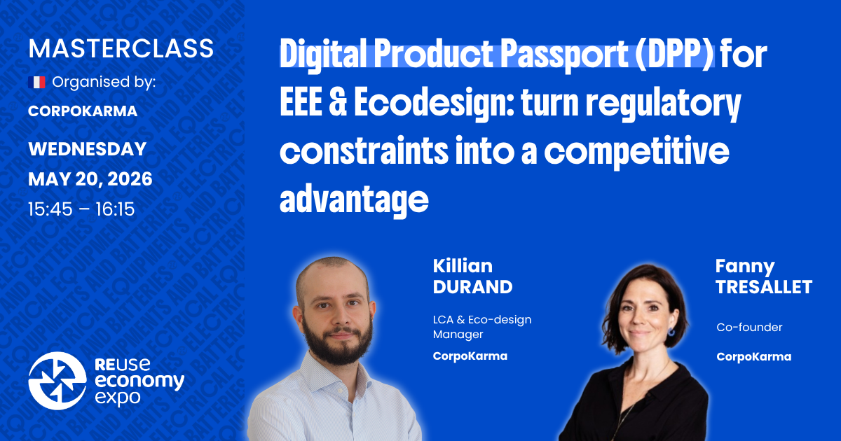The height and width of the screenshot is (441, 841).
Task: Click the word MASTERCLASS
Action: [121, 48]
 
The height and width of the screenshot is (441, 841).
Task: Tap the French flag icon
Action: [36, 83]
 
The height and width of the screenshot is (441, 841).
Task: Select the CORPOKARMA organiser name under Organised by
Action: [83, 111]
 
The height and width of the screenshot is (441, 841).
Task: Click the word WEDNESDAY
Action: [87, 149]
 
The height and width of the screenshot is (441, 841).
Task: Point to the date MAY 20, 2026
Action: [90, 179]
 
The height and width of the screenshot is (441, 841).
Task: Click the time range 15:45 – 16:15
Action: [81, 209]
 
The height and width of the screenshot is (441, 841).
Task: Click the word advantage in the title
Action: [354, 200]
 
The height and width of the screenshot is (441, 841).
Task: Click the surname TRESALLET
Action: [763, 286]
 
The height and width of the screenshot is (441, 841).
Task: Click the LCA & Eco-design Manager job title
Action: [482, 327]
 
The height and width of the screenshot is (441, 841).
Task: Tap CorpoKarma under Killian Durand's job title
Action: [470, 356]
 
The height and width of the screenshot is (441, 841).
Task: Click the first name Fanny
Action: [744, 266]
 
